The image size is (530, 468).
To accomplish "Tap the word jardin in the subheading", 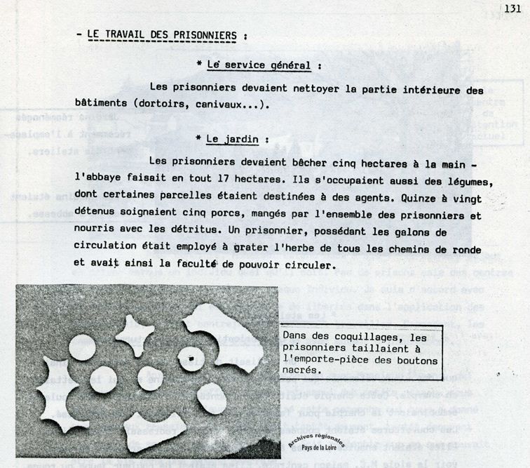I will click(238, 139).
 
